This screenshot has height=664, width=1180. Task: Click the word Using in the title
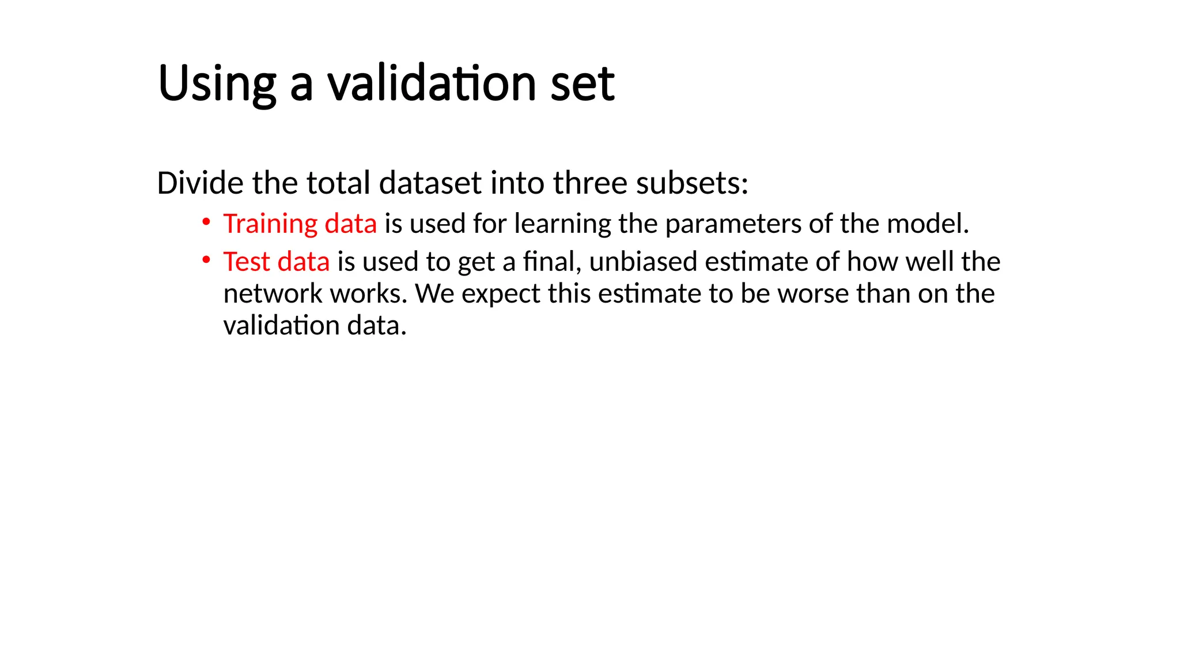(x=217, y=85)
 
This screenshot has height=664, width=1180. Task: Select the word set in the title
(x=583, y=85)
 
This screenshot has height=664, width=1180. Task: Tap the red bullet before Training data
(x=206, y=222)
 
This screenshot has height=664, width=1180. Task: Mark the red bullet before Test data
(x=206, y=260)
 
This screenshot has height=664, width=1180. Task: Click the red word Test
(x=247, y=262)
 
